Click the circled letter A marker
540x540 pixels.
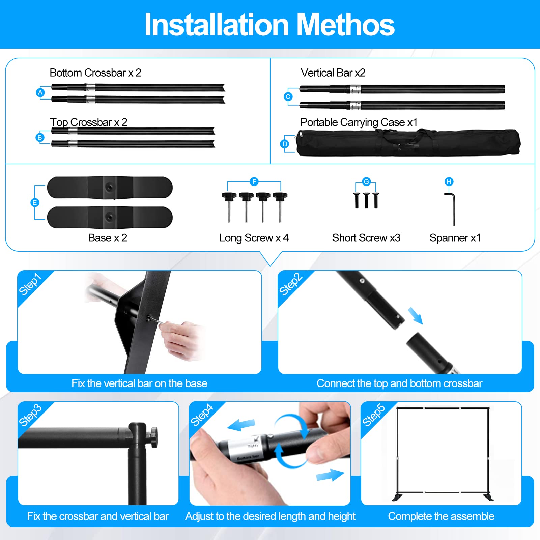(40, 92)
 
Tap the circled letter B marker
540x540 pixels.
(40, 137)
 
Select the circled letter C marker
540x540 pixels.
(288, 97)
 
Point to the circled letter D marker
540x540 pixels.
(285, 144)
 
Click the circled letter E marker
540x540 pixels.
(34, 203)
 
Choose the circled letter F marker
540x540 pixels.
(254, 182)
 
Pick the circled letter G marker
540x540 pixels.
(366, 181)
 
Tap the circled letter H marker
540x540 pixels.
(449, 182)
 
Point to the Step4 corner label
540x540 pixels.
(202, 415)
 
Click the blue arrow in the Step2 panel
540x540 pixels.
(415, 316)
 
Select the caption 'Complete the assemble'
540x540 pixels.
(441, 516)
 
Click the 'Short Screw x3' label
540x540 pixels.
(366, 238)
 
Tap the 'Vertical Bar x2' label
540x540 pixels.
(333, 73)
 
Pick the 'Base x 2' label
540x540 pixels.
(107, 238)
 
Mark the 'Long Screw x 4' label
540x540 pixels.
(254, 238)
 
